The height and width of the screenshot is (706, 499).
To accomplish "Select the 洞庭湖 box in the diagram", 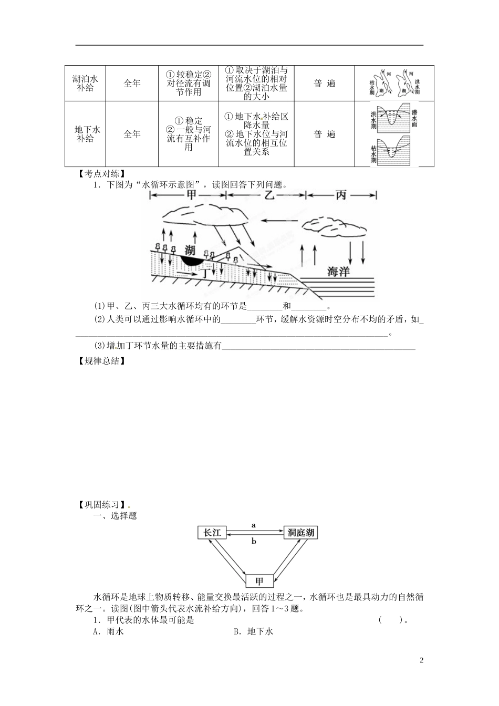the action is pos(300,533).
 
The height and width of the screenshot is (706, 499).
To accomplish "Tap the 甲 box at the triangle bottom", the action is pos(259,581).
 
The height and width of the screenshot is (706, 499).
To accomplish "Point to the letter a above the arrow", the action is pos(254,525).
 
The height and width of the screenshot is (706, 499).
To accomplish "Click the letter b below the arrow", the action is pos(254,541).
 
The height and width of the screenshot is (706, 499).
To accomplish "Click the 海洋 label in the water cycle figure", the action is pos(338,272).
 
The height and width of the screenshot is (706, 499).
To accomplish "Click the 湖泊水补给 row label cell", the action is pos(85,83).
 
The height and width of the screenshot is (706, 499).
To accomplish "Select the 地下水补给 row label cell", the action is pos(85,134).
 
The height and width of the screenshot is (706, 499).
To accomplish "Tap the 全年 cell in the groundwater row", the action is pos(132,134).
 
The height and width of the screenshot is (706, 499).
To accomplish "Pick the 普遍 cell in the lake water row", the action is pos(324,83).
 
